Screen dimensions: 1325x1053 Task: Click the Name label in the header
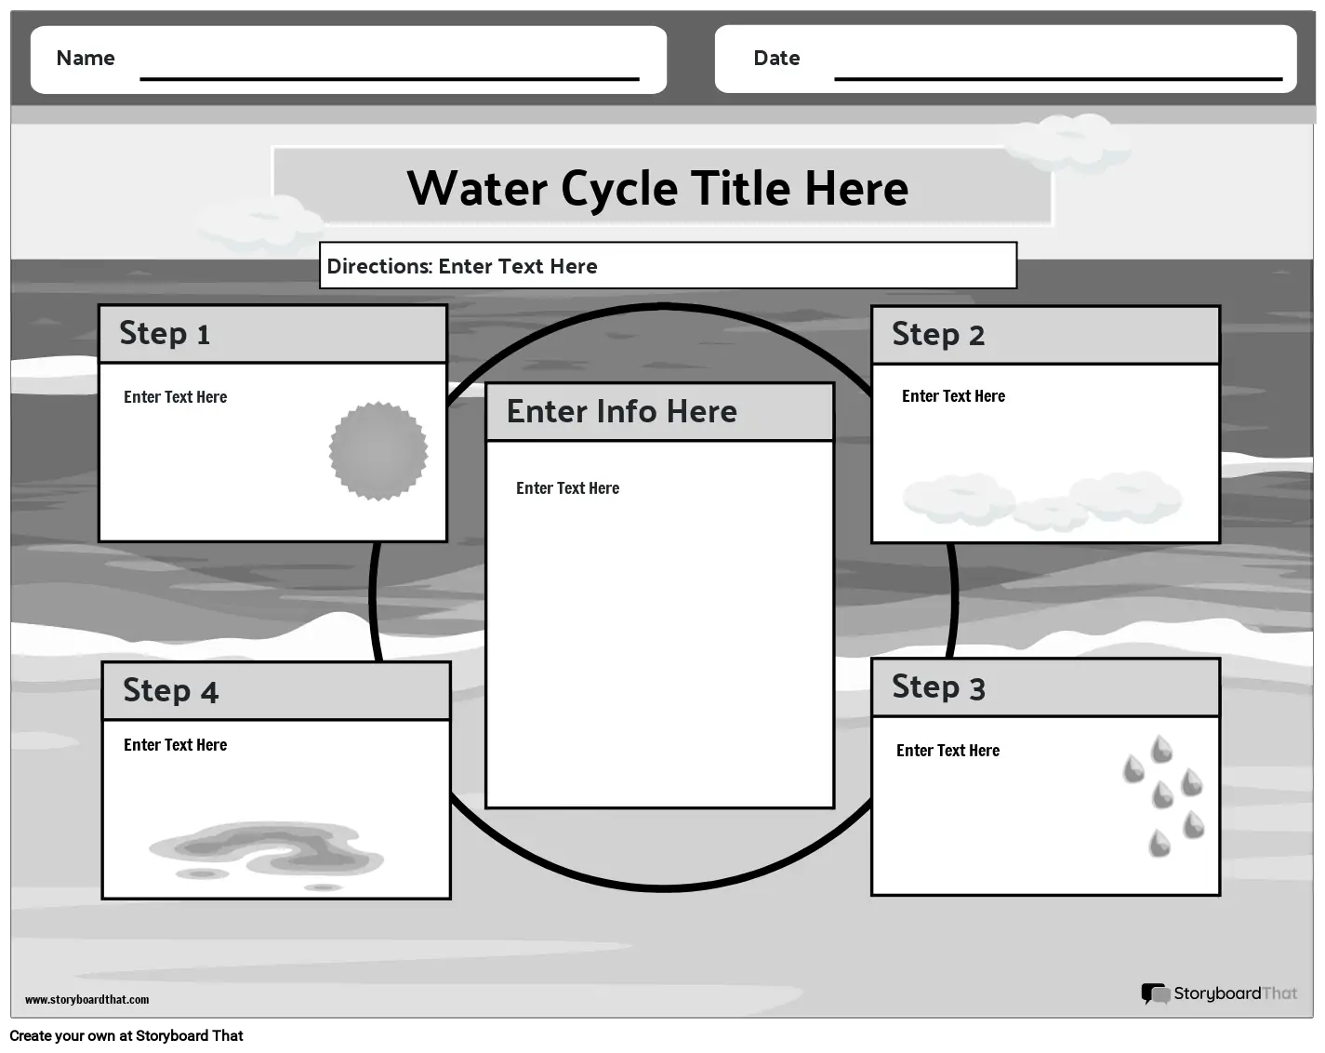coord(86,58)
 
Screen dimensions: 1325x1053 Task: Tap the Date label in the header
coord(776,58)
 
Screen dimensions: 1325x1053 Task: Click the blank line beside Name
coord(389,79)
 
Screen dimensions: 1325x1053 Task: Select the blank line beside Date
coord(1058,79)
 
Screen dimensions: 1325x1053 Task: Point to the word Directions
coord(380,266)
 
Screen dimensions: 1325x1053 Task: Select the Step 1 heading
coord(165,334)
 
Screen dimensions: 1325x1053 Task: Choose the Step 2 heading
coord(938,335)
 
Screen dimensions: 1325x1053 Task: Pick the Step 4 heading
coord(170,691)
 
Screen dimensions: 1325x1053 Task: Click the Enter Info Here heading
coord(622,411)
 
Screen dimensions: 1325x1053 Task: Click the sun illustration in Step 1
coord(378,451)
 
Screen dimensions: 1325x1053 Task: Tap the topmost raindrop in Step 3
coord(1162,749)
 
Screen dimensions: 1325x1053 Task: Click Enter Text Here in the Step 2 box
coord(953,396)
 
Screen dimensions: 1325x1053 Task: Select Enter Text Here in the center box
coord(568,488)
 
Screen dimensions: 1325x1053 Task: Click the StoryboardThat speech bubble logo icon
coord(1155,993)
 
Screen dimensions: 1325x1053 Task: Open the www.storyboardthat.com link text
coord(86,999)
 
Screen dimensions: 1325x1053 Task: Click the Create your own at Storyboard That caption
coord(126,1035)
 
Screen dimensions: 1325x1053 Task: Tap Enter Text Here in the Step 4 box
coord(176,745)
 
